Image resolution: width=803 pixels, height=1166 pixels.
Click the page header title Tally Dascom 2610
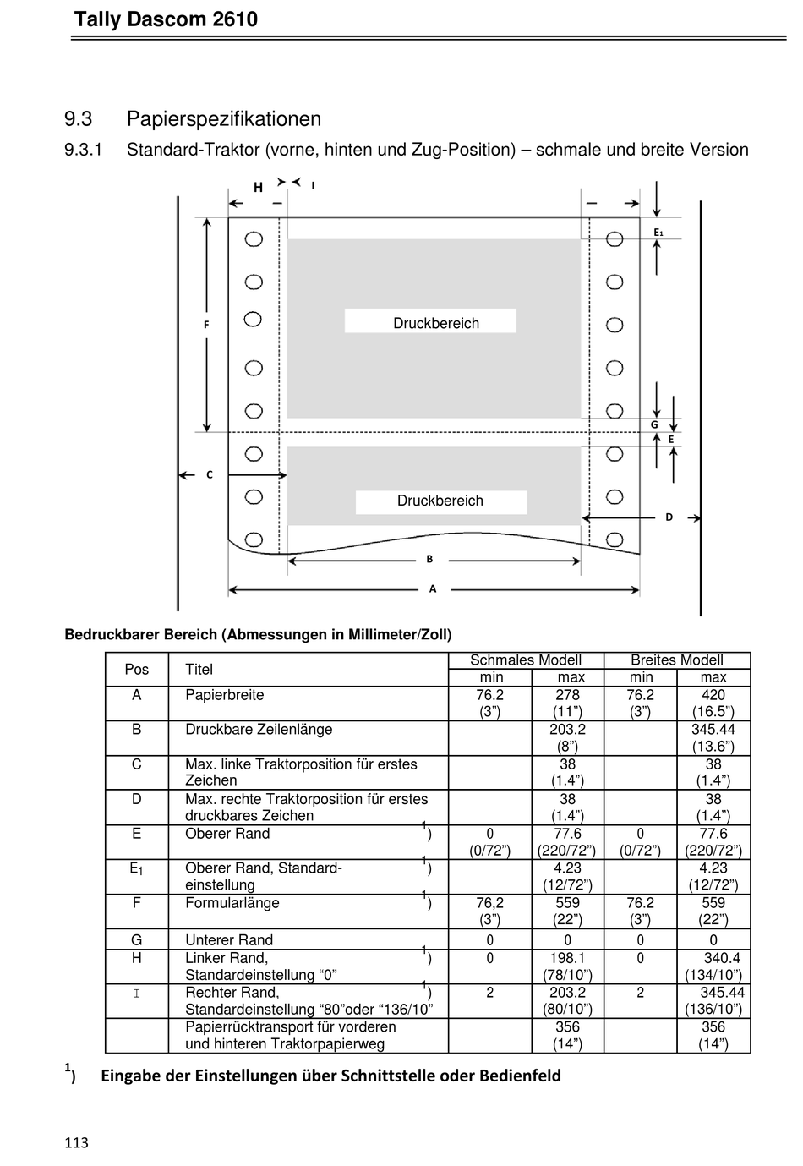pyautogui.click(x=166, y=19)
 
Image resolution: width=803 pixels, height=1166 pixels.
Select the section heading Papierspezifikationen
pyautogui.click(x=224, y=119)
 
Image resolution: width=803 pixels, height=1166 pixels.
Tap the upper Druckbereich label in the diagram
pyautogui.click(x=435, y=323)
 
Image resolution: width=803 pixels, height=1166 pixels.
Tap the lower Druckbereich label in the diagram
pyautogui.click(x=440, y=501)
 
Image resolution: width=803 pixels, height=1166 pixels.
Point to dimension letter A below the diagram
pyautogui.click(x=433, y=589)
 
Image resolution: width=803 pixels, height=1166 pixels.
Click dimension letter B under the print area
pyautogui.click(x=429, y=559)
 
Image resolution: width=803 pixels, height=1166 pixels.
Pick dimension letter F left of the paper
pyautogui.click(x=206, y=325)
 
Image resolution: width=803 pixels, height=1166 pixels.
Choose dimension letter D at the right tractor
pyautogui.click(x=669, y=517)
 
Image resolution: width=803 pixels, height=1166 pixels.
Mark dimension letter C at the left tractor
pyautogui.click(x=210, y=475)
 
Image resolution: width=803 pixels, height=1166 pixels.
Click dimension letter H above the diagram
pyautogui.click(x=258, y=188)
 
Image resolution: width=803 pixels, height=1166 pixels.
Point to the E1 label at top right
pyautogui.click(x=658, y=232)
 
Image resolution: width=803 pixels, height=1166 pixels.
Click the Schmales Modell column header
pyautogui.click(x=525, y=660)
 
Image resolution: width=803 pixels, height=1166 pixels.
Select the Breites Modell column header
pyautogui.click(x=676, y=660)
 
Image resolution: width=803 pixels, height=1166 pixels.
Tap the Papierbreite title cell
pyautogui.click(x=224, y=695)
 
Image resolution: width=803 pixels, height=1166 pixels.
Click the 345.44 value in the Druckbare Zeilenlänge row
pyautogui.click(x=713, y=730)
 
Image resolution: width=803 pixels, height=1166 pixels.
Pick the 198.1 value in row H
pyautogui.click(x=567, y=958)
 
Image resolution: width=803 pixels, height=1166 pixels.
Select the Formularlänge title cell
pyautogui.click(x=232, y=903)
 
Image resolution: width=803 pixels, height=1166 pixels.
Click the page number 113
pyautogui.click(x=76, y=1143)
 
